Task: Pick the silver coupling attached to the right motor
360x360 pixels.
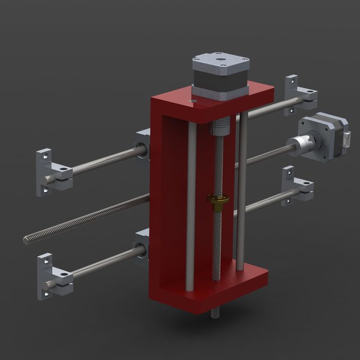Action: [x=298, y=146]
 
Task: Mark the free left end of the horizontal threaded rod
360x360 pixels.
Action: [x=28, y=240]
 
